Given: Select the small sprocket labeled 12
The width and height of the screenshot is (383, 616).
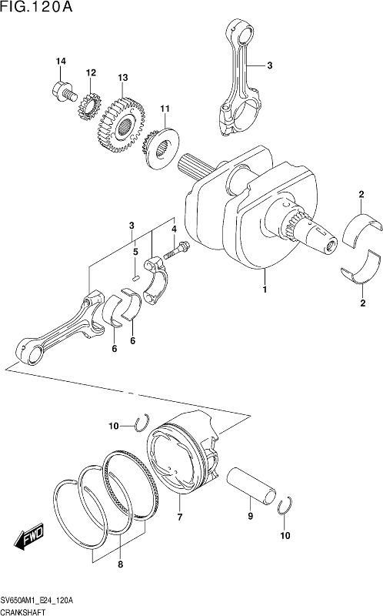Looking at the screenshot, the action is (90, 108).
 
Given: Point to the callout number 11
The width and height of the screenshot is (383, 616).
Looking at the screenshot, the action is (165, 109).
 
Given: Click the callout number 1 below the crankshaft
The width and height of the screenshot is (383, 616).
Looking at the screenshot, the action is (265, 290).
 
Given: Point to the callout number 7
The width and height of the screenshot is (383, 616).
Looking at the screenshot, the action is (180, 517).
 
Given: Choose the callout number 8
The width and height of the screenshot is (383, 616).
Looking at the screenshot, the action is (121, 565).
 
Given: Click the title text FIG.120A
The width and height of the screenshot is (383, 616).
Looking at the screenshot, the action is (36, 7).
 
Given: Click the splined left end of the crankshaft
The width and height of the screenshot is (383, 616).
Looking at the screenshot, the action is (197, 165).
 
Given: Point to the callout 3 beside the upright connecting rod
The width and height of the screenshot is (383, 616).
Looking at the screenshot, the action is (270, 65).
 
